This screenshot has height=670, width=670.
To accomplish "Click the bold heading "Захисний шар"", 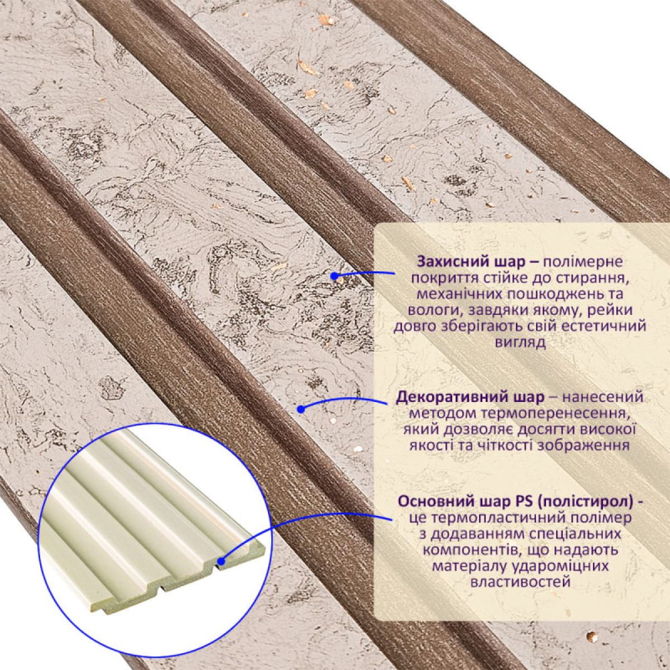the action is click(x=472, y=262).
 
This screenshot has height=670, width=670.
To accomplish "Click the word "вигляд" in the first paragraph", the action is click(x=520, y=344).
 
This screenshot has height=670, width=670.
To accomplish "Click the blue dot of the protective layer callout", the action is click(x=334, y=276).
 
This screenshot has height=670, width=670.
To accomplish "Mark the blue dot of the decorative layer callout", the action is click(x=301, y=409).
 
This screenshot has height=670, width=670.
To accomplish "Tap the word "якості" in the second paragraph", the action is click(x=431, y=446).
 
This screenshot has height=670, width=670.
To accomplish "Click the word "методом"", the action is click(x=441, y=414).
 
